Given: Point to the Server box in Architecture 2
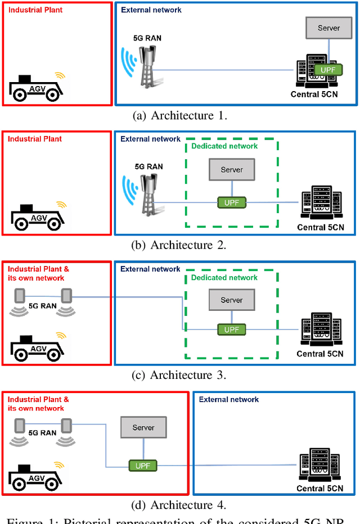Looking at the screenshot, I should coord(231,169).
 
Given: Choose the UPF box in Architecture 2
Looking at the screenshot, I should coord(231,201).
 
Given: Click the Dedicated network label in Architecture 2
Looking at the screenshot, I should coord(224,146).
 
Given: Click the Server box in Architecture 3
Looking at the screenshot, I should coord(231,300).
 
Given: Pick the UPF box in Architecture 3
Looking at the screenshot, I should coord(231,329).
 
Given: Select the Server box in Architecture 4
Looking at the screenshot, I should coord(143,427).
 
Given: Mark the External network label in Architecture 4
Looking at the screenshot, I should coord(229,400).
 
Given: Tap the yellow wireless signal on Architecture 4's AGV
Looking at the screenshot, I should coord(59,464).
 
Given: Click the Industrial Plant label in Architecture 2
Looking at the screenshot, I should coord(35,139).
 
